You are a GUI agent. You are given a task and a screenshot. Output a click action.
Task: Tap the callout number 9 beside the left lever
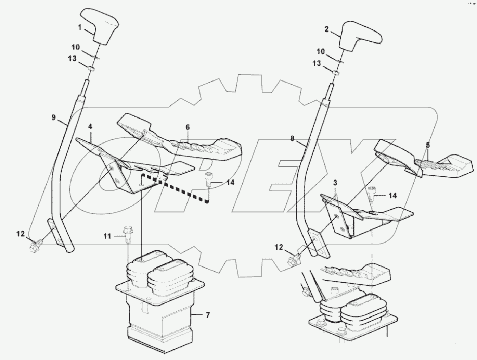click(x=53, y=117)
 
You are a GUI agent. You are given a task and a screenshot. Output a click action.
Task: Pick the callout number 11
click(x=107, y=236)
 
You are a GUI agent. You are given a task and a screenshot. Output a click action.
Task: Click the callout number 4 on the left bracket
click(x=90, y=126)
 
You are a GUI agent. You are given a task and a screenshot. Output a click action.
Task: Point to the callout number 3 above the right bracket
click(x=335, y=183)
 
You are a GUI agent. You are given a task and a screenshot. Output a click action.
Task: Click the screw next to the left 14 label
click(x=208, y=179)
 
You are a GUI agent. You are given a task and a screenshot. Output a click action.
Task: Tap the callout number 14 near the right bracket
click(x=392, y=195)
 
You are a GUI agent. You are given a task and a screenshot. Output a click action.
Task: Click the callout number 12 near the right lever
click(x=279, y=247)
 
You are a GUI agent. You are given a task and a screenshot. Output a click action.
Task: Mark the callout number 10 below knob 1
click(x=76, y=46)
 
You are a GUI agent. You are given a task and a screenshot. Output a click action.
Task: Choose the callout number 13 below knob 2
click(x=317, y=63)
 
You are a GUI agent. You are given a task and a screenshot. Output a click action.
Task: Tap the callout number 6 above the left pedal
click(x=188, y=127)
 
